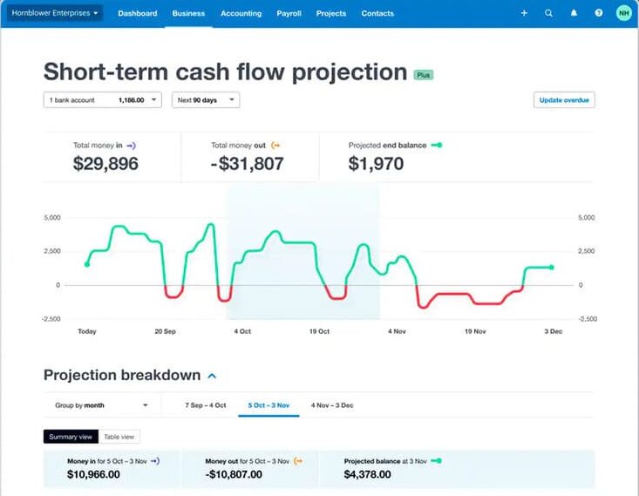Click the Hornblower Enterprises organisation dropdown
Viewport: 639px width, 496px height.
[54, 13]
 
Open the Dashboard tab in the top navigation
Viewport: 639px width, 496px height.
[137, 14]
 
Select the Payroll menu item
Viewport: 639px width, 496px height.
[289, 14]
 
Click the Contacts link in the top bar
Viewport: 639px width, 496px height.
[377, 14]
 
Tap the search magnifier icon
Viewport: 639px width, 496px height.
[548, 14]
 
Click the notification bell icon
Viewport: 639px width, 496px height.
[574, 14]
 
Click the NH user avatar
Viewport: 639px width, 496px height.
[622, 13]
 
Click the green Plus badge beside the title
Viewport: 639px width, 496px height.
[423, 75]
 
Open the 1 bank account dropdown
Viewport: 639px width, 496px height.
[102, 100]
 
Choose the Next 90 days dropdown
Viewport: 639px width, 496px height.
[205, 100]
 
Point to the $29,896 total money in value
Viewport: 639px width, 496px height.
[105, 163]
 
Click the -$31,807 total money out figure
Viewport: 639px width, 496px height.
[247, 163]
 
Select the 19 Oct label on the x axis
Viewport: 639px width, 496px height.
[319, 331]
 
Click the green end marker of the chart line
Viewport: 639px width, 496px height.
[551, 268]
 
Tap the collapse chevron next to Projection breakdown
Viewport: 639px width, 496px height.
[212, 376]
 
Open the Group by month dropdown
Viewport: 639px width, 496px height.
[100, 405]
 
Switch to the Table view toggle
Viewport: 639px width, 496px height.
[119, 437]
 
